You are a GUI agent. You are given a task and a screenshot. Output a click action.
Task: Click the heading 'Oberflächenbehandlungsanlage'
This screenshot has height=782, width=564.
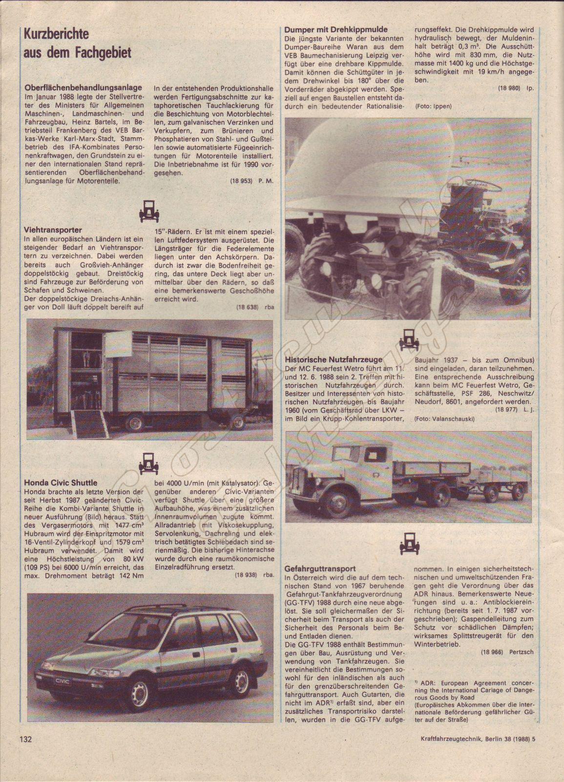point(83,87)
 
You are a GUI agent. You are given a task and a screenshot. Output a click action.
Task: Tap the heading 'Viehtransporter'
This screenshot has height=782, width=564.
point(53,229)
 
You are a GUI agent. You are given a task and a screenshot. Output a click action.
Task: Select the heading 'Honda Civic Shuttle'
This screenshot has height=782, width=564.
point(61,482)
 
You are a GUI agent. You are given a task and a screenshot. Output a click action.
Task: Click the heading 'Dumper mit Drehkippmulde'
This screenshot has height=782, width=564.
point(335,30)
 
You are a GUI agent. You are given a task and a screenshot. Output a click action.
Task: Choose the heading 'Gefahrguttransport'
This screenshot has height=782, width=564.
point(320,569)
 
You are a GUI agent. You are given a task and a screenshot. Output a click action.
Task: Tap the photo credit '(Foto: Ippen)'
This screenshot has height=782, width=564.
point(433,106)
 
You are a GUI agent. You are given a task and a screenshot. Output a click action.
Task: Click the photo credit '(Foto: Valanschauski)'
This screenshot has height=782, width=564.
point(444,419)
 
